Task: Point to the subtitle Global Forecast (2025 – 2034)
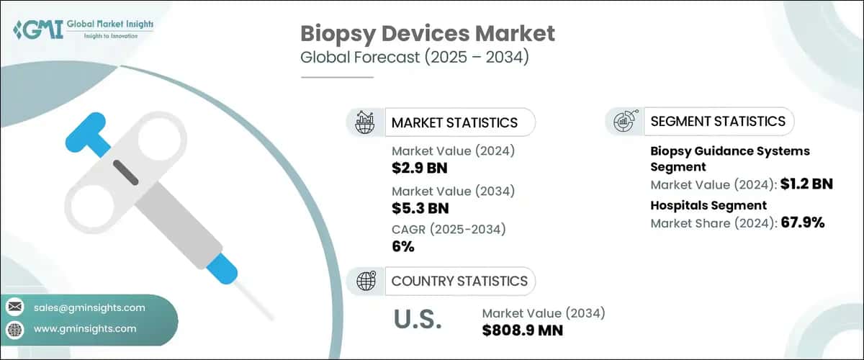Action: [415, 58]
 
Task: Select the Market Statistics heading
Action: [454, 122]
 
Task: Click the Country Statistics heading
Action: [459, 281]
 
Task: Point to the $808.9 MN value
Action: [523, 330]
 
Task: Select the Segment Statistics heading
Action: [718, 121]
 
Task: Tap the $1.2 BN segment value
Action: [806, 184]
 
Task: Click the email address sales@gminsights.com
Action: [89, 307]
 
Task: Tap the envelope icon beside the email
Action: [14, 307]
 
